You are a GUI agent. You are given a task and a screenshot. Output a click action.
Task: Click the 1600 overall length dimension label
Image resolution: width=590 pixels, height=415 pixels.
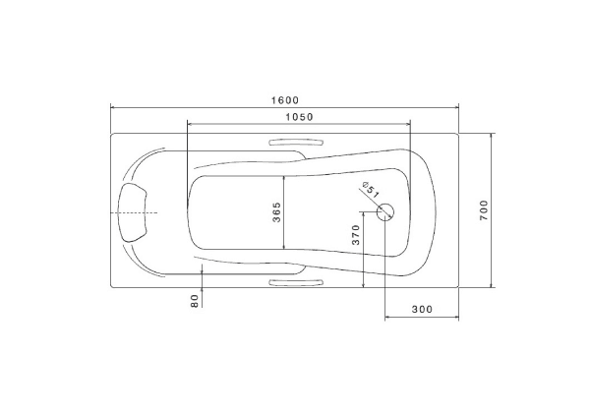pyautogui.click(x=285, y=100)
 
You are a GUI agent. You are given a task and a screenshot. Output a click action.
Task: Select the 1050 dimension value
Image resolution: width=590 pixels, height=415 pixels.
pyautogui.click(x=299, y=117)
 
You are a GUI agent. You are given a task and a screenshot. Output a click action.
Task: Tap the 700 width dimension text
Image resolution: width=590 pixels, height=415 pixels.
pyautogui.click(x=484, y=210)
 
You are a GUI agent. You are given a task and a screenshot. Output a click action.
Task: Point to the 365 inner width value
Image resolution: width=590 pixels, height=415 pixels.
pyautogui.click(x=276, y=212)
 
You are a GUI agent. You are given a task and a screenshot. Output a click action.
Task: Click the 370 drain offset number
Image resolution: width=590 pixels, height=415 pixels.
pyautogui.click(x=356, y=235)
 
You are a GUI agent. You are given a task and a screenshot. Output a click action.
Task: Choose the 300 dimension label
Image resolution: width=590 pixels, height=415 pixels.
pyautogui.click(x=422, y=309)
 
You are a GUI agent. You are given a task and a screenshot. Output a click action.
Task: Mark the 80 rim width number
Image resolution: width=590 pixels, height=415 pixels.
pyautogui.click(x=194, y=301)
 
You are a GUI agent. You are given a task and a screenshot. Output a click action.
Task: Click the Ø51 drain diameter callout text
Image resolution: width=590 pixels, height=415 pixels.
pyautogui.click(x=371, y=190)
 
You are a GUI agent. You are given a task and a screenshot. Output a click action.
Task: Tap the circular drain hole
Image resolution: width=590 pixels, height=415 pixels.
pyautogui.click(x=385, y=212)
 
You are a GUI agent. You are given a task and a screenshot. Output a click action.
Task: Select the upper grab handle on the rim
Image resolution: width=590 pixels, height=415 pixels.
pyautogui.click(x=297, y=143)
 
